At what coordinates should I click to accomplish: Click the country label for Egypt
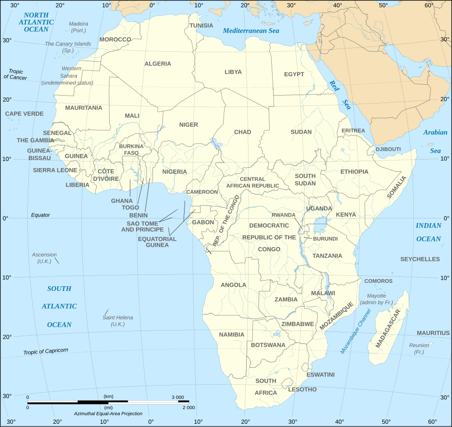294,74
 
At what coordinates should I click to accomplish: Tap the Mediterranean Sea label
251,31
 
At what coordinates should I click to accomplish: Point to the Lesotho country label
302,389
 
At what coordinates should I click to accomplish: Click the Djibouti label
388,149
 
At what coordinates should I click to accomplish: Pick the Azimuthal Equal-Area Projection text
108,413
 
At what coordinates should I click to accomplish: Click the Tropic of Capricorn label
46,351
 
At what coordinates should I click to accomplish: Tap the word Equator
40,215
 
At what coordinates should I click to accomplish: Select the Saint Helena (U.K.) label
118,321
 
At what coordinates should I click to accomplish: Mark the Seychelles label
420,259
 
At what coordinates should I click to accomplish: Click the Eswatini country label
320,375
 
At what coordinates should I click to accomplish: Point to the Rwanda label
283,215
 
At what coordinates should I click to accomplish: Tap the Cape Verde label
24,113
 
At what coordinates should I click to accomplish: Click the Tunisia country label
201,25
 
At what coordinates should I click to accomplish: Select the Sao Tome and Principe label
143,226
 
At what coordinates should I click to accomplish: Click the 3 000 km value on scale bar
178,397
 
